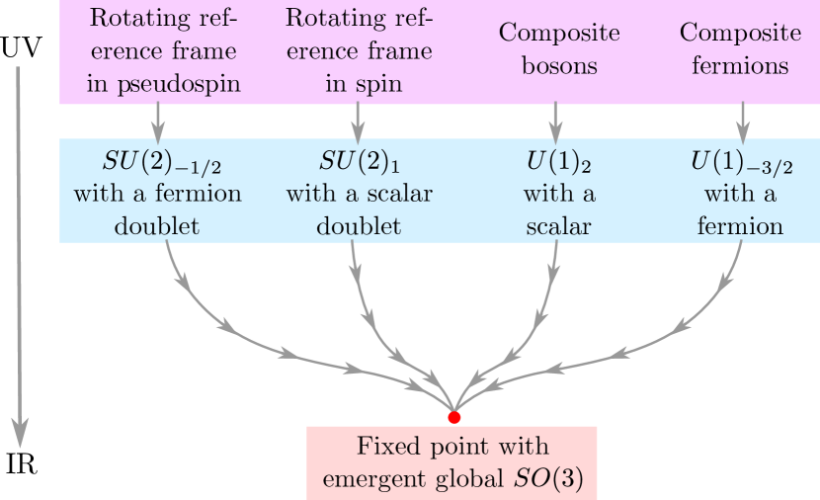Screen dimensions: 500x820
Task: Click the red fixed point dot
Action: tap(454, 417)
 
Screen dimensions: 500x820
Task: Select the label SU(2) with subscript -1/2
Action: tap(158, 160)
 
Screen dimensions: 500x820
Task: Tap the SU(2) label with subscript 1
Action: tap(359, 160)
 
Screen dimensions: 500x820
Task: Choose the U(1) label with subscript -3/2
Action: tap(741, 160)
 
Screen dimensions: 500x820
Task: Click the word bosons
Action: tap(559, 67)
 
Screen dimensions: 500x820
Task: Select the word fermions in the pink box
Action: tap(741, 67)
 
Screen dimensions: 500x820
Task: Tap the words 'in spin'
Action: tap(364, 84)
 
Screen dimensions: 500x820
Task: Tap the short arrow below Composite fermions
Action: tap(742, 123)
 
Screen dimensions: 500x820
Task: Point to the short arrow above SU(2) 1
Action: tap(359, 123)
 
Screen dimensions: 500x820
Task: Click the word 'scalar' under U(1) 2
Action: tap(558, 226)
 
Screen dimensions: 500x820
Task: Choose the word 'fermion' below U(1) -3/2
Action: tap(740, 226)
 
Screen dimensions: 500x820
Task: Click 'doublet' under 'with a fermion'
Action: tap(157, 226)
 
